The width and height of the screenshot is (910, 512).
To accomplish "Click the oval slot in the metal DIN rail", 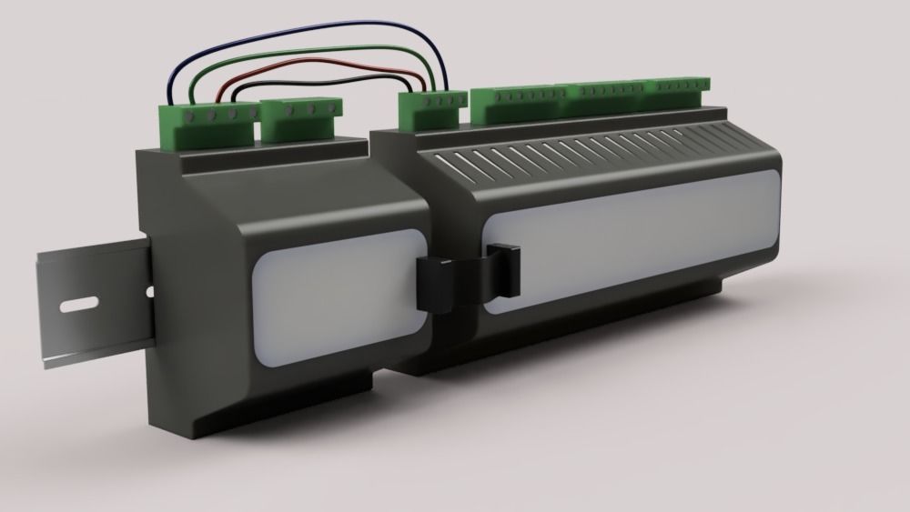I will pyautogui.click(x=80, y=305).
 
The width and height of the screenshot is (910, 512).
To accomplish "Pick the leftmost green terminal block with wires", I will pyautogui.click(x=209, y=124).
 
